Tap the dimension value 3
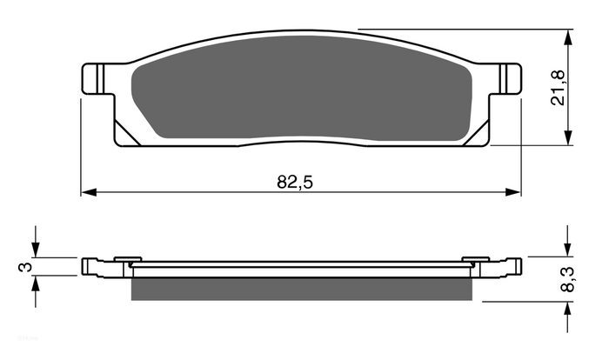25,266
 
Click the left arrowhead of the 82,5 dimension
87,191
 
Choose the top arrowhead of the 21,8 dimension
568,37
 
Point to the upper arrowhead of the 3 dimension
36,251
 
